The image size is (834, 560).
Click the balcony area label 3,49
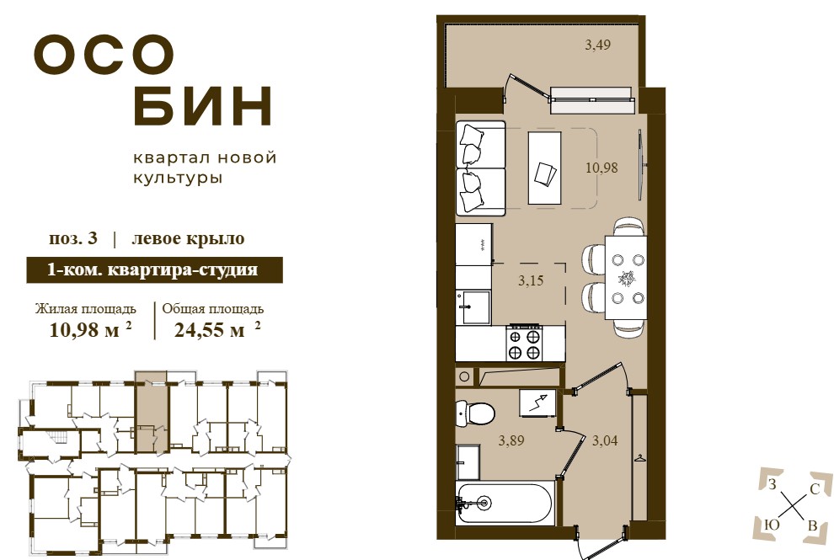[x=598, y=45]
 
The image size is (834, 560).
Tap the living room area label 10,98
[x=601, y=168]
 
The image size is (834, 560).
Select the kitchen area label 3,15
[x=531, y=280]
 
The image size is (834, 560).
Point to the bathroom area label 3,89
[x=511, y=440]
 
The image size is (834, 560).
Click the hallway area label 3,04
[x=605, y=440]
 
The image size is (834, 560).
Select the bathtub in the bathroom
[x=504, y=502]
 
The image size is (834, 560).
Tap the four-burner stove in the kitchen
[x=525, y=344]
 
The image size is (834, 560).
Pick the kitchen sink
[x=473, y=307]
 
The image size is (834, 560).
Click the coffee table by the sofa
[x=544, y=168]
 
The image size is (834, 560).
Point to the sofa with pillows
[x=480, y=168]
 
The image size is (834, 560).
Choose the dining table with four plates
[x=627, y=277]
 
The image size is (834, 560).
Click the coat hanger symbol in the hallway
[x=639, y=457]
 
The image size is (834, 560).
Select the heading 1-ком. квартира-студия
[x=153, y=269]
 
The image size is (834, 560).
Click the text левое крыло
[x=188, y=238]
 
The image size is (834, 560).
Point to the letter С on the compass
[x=814, y=488]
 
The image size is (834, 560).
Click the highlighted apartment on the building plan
[x=151, y=412]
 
